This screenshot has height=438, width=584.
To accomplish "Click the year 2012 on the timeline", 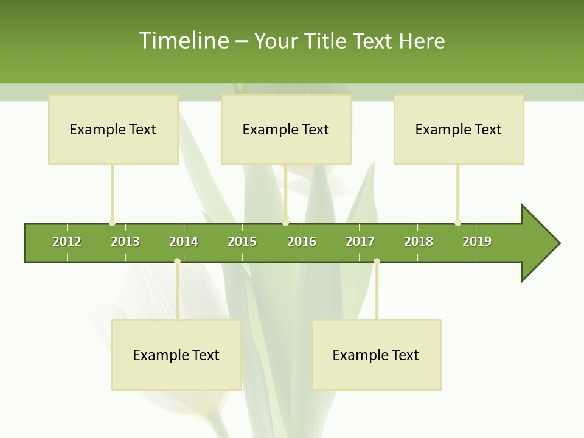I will [x=67, y=242].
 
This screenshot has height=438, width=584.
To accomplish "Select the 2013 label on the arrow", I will [x=125, y=242].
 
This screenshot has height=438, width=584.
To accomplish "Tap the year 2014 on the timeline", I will [x=184, y=242].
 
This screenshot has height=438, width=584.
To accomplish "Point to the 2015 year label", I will [x=242, y=242].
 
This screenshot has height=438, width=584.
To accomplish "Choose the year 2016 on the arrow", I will [x=302, y=242].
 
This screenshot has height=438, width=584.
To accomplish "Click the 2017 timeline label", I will [x=360, y=242].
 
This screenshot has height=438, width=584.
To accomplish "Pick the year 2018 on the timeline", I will [x=419, y=242].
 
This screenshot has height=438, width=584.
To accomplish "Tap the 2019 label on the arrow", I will [x=477, y=242].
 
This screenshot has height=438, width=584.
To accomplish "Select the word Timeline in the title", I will [x=182, y=41].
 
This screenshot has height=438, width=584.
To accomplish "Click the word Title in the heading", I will [x=327, y=41].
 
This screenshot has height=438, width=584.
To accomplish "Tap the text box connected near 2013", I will [x=113, y=129].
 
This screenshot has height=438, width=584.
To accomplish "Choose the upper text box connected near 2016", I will [x=286, y=129].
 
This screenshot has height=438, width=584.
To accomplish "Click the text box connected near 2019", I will [x=459, y=129].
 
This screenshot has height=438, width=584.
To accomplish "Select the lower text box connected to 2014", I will [x=176, y=355].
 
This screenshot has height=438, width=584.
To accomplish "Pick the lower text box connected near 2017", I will [x=376, y=355].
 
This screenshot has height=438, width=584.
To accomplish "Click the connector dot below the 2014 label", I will [x=177, y=262].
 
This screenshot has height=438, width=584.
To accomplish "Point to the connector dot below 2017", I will [x=377, y=262].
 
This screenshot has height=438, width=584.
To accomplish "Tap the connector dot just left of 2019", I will [x=457, y=223].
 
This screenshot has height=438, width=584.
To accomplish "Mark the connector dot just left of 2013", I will [x=112, y=223].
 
